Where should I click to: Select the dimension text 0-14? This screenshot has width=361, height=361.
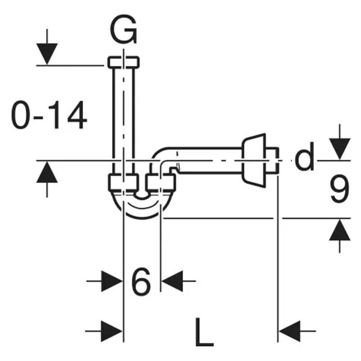pyautogui.click(x=49, y=116)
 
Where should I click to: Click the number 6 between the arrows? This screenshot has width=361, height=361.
pyautogui.click(x=141, y=283)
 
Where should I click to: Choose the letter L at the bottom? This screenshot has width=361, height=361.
pyautogui.click(x=204, y=333)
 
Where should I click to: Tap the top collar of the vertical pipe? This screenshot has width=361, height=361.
pyautogui.click(x=123, y=61)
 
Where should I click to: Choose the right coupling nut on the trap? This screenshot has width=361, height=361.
pyautogui.click(x=161, y=183)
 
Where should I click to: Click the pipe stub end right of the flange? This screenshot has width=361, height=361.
pyautogui.click(x=272, y=161)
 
